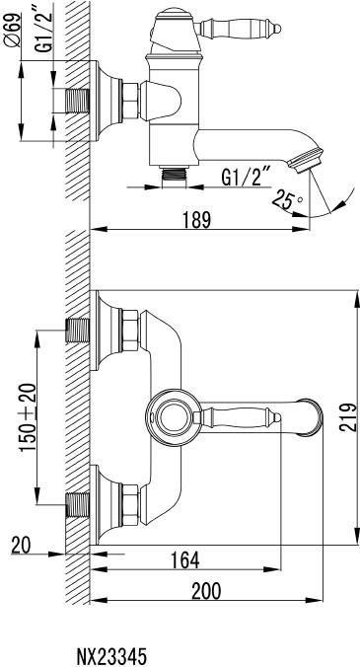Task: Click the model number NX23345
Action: point(111,656)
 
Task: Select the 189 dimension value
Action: point(197,220)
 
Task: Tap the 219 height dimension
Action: point(347,417)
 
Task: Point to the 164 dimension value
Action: point(184,559)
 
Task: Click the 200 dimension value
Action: point(206,591)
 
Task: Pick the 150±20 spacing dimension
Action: point(28,416)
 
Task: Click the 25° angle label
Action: point(288,199)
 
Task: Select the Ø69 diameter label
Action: point(14,30)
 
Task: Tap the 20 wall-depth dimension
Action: point(21,546)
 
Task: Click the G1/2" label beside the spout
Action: point(247,177)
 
